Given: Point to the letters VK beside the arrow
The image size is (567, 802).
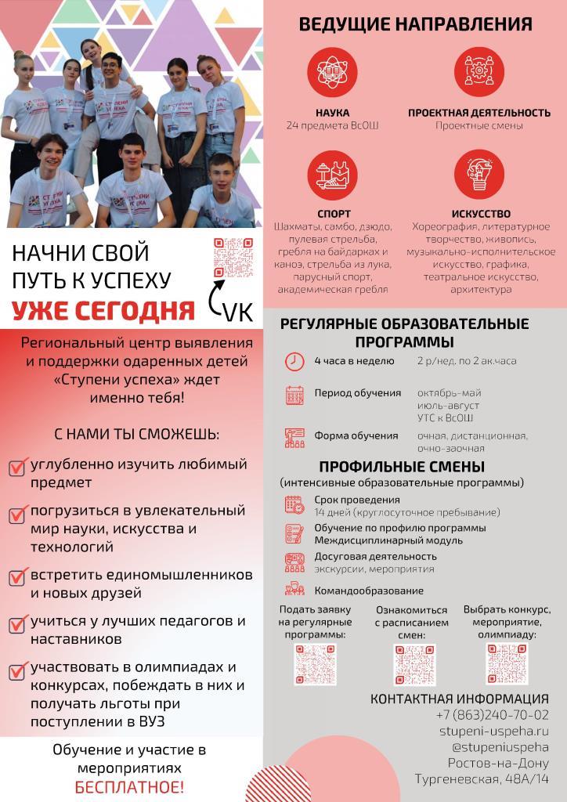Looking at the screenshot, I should tap(237, 312).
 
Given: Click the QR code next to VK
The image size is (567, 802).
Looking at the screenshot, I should tap(233, 258).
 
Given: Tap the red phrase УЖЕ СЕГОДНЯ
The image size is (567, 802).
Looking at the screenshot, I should tap(103, 310).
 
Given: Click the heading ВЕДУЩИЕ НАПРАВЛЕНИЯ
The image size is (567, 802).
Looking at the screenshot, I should tap(415, 24).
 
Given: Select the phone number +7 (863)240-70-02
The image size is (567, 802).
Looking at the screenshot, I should tap(493, 714).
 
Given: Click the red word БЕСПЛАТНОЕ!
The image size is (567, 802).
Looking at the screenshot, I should tap(130, 787).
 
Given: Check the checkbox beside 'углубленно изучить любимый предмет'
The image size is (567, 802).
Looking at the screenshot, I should tap(18, 468).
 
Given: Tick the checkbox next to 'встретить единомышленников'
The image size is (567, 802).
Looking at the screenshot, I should tap(18, 578).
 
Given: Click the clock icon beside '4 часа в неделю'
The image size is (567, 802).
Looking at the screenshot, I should tap(294, 362).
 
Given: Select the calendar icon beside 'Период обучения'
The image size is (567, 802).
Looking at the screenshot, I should tap(294, 395).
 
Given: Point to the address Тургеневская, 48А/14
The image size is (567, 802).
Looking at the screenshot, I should tap(482, 779).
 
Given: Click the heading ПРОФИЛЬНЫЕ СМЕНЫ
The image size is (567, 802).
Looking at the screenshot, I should tap(401, 467).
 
